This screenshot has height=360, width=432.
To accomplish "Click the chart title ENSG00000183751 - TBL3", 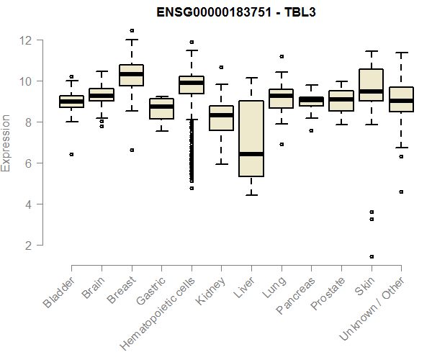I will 237,12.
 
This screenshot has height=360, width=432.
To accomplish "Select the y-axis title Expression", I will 6,143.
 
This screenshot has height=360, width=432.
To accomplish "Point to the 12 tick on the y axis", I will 28,40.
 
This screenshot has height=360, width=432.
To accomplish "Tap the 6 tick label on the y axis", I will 28,163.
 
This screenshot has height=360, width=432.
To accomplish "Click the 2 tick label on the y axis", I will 28,246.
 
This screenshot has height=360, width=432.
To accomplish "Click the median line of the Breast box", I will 131,74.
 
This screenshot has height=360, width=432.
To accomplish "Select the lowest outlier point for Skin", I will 371,256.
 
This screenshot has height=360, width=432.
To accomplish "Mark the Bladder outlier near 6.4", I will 71,154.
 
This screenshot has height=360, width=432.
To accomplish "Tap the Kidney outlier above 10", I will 221,67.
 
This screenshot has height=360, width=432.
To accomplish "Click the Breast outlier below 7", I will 131,150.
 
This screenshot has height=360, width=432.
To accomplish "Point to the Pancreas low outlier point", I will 311,130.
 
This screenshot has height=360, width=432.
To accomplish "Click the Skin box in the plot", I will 371,85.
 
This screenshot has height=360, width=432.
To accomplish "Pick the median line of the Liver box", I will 251,154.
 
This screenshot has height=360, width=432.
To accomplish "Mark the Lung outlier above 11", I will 281,56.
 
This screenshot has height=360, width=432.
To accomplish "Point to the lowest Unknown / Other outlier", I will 400,192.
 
